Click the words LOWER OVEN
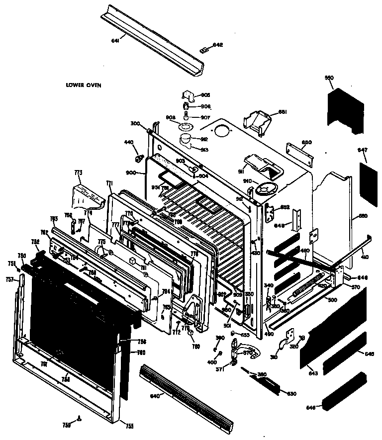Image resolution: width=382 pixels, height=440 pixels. (x=84, y=85)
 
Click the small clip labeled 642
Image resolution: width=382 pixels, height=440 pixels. (x=202, y=49)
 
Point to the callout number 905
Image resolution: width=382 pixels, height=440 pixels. (x=205, y=95)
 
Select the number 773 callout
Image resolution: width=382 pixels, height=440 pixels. (x=78, y=172)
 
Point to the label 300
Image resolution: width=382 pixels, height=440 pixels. (x=135, y=123)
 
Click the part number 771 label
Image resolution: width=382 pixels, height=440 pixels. (x=109, y=183)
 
